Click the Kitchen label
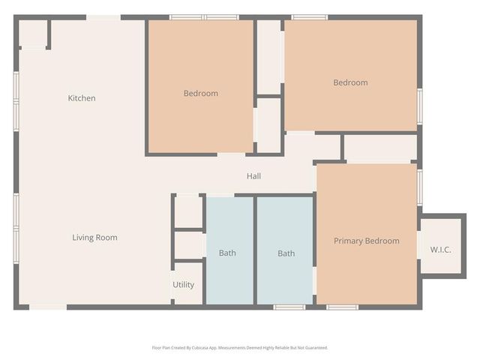pos(82,98)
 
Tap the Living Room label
pos(94,238)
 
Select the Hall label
pos(254,176)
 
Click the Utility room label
pos(183,285)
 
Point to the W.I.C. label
pos(440,249)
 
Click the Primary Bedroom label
pos(366,241)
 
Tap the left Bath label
pos(227,253)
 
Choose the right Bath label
pos(286,253)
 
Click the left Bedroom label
pos(201,94)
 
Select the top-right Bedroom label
pos(350,82)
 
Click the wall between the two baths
pos(255,251)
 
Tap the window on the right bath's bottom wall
pos(289,306)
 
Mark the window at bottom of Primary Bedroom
pos(342,306)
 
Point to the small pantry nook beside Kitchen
pos(32,34)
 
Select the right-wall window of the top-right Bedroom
pos(419,104)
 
